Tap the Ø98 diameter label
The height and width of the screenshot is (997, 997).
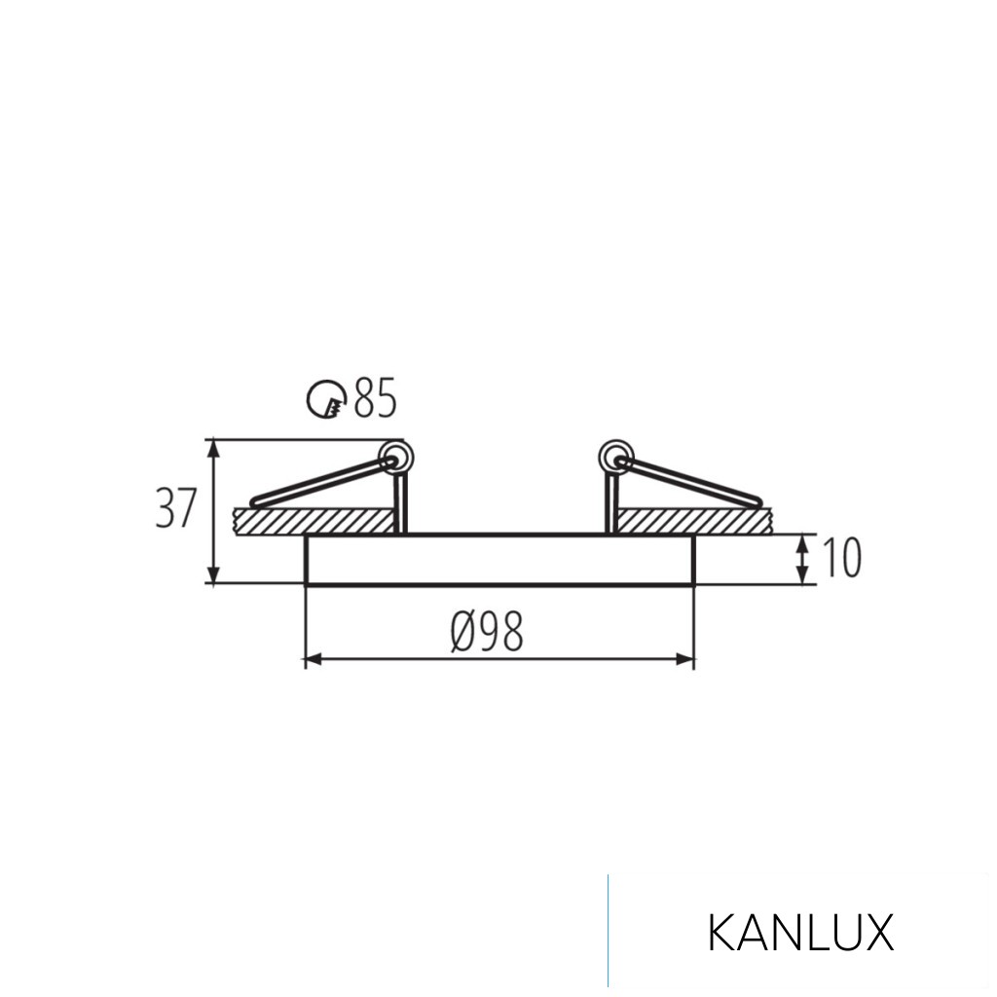coord(487,633)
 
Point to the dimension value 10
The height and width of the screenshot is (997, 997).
coord(842,558)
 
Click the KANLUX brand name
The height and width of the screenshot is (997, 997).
coord(799,933)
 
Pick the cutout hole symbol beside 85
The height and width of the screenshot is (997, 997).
coord(327,399)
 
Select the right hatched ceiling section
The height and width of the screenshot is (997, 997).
coord(696,521)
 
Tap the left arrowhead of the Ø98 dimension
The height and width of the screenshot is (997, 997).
coord(313,660)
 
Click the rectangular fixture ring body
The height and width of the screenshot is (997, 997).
coord(499,559)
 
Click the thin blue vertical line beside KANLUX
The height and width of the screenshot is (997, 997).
coord(609,930)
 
